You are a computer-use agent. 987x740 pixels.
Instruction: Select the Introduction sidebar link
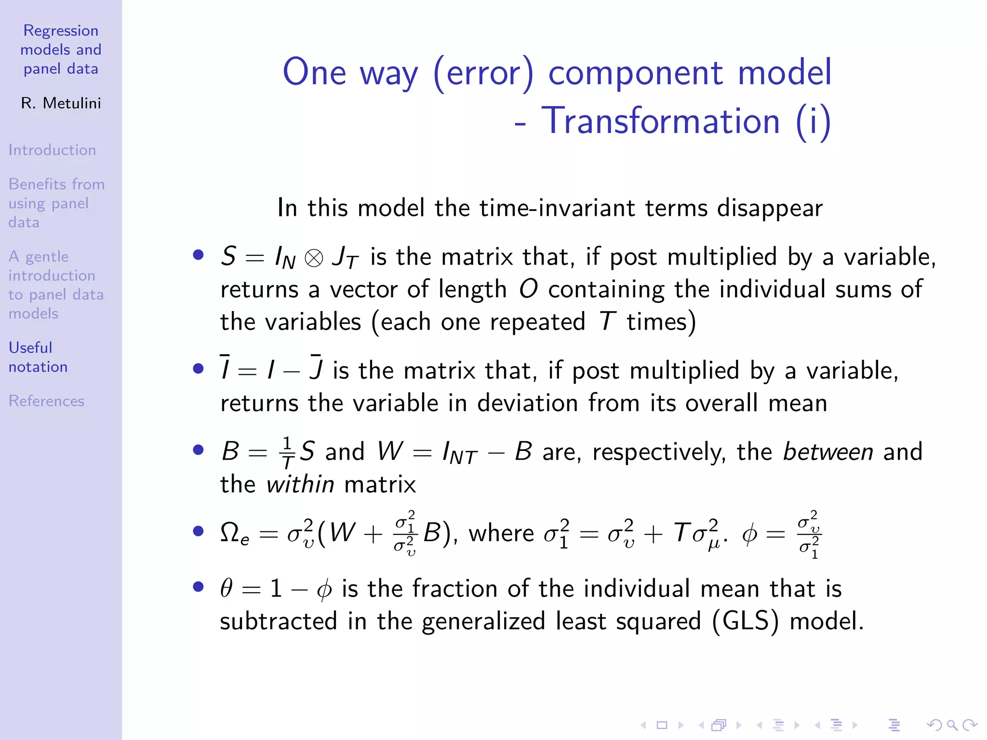point(52,150)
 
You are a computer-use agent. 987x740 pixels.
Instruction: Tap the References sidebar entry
point(46,401)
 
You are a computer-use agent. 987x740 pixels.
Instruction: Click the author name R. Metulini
point(61,103)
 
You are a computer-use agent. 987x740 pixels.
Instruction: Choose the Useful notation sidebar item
point(38,357)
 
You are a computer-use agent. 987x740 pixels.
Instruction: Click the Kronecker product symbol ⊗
point(314,258)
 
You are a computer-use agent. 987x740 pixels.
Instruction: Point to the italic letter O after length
point(528,290)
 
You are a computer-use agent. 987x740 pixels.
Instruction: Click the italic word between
point(827,452)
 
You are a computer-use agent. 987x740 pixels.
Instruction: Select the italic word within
point(300,484)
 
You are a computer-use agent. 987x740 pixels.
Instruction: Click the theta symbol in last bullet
point(227,589)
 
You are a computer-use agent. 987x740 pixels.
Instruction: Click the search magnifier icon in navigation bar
point(952,725)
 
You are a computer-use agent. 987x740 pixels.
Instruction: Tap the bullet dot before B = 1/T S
point(198,450)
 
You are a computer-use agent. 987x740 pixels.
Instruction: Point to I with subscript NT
point(459,453)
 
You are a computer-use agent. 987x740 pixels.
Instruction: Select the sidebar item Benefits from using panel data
point(56,203)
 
